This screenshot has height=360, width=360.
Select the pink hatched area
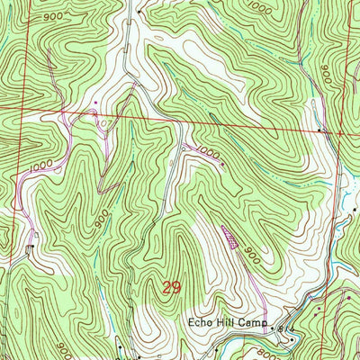pos(230,237)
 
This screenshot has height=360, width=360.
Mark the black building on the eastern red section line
pos(321,130)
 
